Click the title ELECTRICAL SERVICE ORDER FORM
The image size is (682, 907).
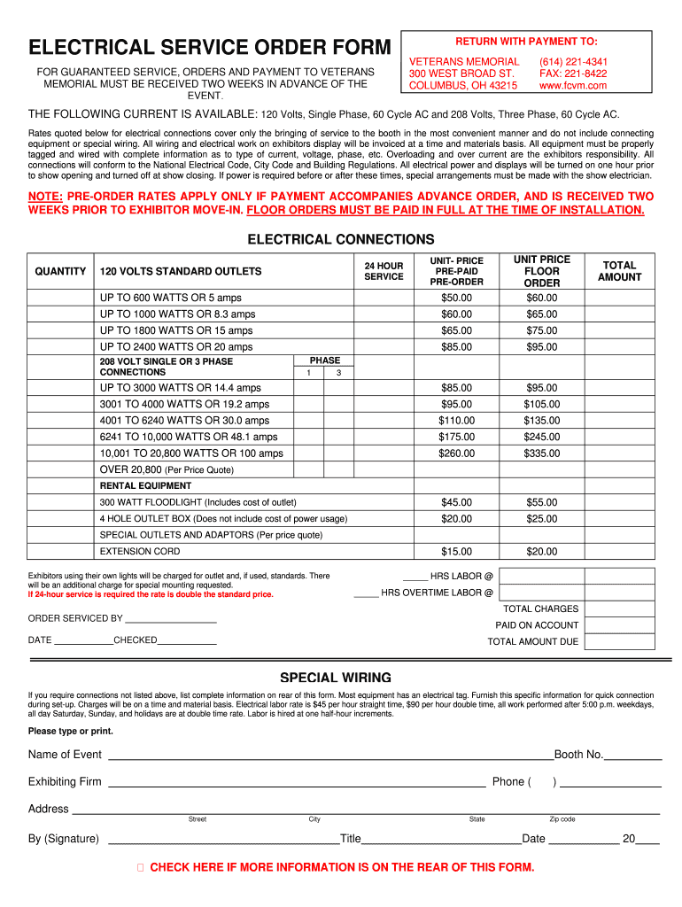point(210,47)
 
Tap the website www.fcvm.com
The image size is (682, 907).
point(573,86)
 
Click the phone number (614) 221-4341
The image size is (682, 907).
point(573,61)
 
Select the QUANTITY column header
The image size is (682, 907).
point(60,271)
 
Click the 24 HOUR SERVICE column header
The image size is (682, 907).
point(384,271)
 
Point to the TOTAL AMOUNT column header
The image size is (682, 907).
point(619,271)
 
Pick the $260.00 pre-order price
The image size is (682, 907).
point(456,453)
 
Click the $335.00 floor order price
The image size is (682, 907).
point(541,453)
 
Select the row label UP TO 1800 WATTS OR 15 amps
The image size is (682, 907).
point(176,330)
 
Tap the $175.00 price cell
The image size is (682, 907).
point(456,437)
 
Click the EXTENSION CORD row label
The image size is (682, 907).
point(140,551)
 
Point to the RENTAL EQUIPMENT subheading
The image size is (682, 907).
point(145,485)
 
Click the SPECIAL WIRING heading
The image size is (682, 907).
point(336,678)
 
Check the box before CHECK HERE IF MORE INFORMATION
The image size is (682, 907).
point(141,867)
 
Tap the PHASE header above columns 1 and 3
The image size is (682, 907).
point(324,360)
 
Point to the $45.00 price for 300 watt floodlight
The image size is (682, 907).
point(456,502)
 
